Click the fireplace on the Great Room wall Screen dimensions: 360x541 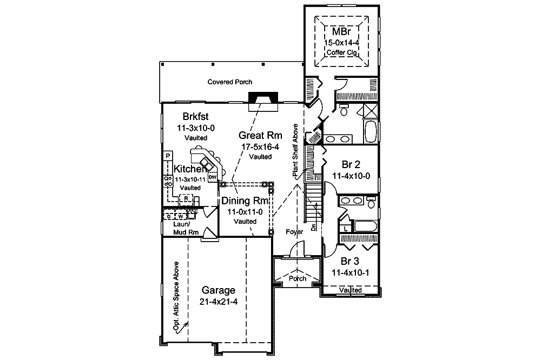[261, 99]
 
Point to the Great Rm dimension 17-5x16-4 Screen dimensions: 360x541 [261, 146]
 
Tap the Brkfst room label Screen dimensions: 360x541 [196, 116]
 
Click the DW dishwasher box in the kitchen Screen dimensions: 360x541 [212, 177]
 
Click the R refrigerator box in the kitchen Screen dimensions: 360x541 [186, 199]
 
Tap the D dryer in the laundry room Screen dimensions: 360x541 [169, 216]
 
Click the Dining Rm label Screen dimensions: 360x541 [245, 201]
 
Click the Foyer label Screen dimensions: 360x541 [294, 232]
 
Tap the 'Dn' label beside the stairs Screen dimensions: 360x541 [314, 228]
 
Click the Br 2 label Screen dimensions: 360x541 [352, 164]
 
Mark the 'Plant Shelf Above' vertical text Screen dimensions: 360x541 [295, 154]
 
